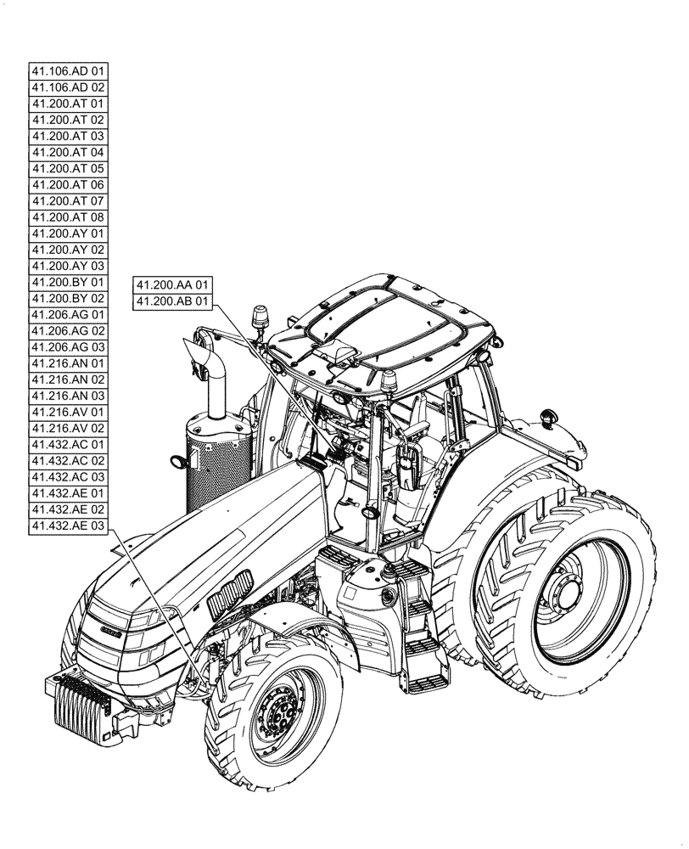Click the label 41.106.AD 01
coord(68,71)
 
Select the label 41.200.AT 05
coord(68,168)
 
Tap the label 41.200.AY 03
coord(68,266)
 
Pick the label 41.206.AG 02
coord(68,331)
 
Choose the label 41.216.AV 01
coord(68,413)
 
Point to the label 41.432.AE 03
coord(68,526)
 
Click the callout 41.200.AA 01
coord(172,285)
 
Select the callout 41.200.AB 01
coord(172,301)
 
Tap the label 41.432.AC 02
coord(68,461)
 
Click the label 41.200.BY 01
coord(68,282)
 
